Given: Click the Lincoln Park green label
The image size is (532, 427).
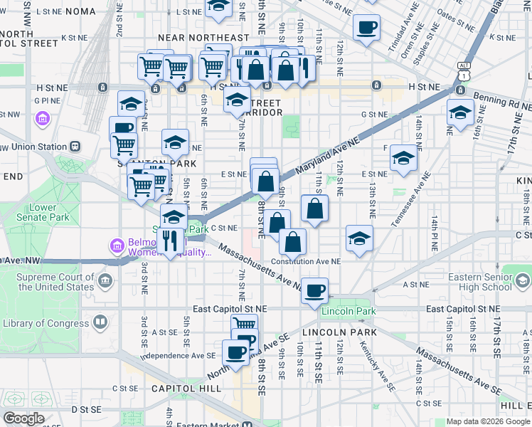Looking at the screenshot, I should click(x=348, y=312).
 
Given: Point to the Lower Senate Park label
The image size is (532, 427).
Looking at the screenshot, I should click(x=43, y=212).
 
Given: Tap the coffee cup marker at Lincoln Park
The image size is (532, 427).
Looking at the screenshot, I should click(x=314, y=290).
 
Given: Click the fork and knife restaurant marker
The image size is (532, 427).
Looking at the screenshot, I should click(x=169, y=241).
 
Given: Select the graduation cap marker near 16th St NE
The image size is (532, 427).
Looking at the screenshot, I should click(x=460, y=112).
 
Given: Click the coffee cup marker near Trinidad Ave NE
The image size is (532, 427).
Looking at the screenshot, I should click(x=367, y=28).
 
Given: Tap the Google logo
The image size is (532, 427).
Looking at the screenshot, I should click(x=23, y=418).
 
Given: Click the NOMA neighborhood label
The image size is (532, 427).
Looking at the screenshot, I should click(x=79, y=12).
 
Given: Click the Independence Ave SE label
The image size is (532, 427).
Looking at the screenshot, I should click(x=178, y=355).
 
